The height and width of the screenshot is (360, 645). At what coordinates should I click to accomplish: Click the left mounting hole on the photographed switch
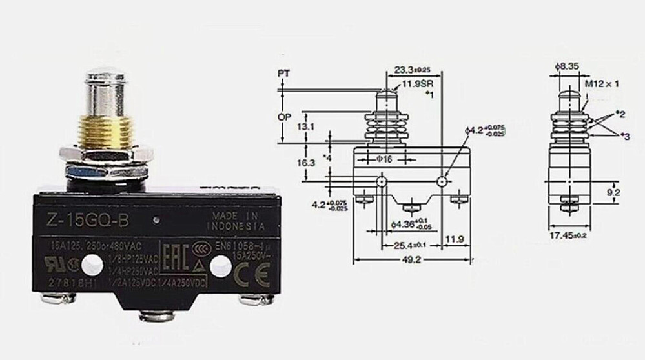click(x=94, y=263)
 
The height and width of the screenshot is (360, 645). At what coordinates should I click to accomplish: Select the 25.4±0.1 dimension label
click(x=411, y=245)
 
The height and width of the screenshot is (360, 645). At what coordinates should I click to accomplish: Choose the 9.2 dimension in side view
click(x=614, y=192)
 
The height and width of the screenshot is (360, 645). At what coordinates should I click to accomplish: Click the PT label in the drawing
click(x=282, y=74)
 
